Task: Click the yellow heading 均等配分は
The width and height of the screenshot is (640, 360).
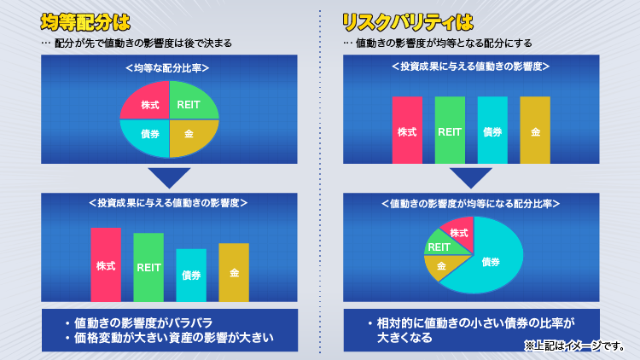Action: tap(85, 22)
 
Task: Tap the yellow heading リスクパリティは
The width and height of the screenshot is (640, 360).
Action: tap(407, 22)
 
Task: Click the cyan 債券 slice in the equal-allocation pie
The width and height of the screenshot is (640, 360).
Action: tap(148, 136)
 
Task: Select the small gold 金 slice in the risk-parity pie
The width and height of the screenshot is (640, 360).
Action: tap(443, 265)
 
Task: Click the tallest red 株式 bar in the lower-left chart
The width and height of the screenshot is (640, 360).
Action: tap(106, 264)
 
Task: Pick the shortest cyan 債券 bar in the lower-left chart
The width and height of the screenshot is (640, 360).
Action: tap(191, 275)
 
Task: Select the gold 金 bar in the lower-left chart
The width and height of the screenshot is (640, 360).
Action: tap(234, 272)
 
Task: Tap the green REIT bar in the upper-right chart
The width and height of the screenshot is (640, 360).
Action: tap(450, 130)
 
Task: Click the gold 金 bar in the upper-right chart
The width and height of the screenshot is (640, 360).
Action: tap(535, 130)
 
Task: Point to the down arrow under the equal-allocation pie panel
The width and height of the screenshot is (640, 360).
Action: tap(169, 177)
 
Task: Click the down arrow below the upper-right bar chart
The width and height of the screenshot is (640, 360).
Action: tap(470, 177)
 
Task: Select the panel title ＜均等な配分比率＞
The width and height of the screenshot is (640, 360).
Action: tap(167, 68)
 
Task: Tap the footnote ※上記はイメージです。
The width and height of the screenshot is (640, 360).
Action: tap(574, 346)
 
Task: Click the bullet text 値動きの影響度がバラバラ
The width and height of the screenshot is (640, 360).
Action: tap(143, 323)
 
